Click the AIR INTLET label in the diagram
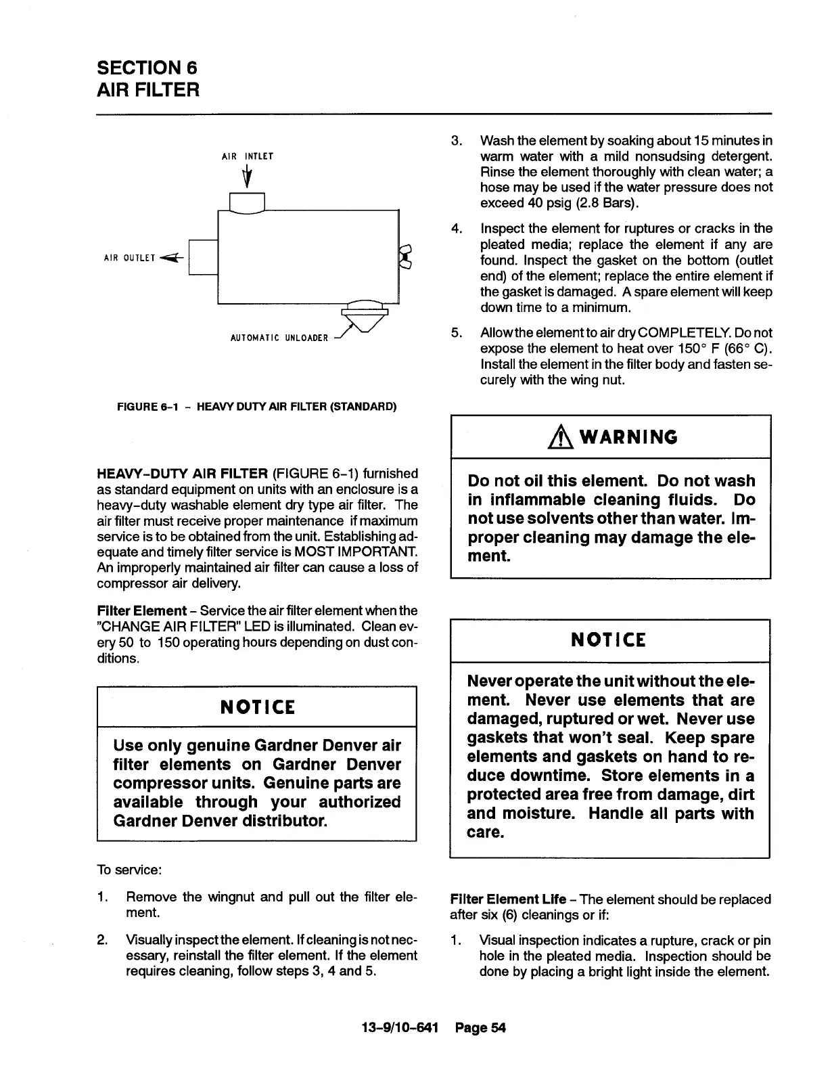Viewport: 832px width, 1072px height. [x=247, y=156]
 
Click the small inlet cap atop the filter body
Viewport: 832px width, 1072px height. [x=246, y=202]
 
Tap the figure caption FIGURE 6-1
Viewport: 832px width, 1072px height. [x=256, y=407]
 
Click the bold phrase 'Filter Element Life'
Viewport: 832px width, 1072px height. [x=508, y=899]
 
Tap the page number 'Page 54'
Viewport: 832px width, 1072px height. [x=480, y=1028]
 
